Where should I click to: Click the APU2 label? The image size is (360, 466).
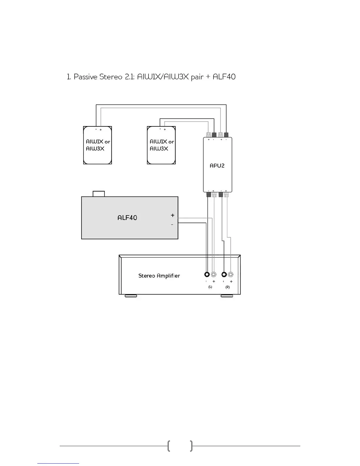coord(217,166)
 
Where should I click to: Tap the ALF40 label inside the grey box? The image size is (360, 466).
coord(127,218)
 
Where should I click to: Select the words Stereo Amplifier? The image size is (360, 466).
coord(159,276)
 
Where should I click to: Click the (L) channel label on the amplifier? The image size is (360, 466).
coord(210,287)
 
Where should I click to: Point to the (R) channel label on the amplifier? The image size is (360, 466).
coord(228,287)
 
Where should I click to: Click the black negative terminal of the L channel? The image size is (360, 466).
coord(207,274)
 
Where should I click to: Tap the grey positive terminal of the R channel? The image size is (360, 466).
coord(231,274)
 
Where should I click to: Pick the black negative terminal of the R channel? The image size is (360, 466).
coord(224,274)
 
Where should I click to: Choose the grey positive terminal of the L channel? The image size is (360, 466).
coord(214,274)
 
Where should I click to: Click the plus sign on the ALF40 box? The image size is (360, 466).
coord(172,215)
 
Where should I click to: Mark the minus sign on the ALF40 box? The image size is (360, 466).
coord(172,225)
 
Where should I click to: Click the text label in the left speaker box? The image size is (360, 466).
coord(98,145)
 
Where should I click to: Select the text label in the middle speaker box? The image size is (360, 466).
coord(161,145)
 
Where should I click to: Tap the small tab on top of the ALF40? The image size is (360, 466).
coord(99,194)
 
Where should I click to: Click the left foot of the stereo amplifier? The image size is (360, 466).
coord(131,296)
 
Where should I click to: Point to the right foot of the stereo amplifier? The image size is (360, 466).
coord(227,296)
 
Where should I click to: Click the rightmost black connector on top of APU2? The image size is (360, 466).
coord(226,135)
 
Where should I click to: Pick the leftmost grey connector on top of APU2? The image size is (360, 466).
coord(209,135)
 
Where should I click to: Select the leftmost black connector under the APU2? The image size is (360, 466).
coord(209,194)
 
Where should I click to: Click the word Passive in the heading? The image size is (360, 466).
coord(86,77)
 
